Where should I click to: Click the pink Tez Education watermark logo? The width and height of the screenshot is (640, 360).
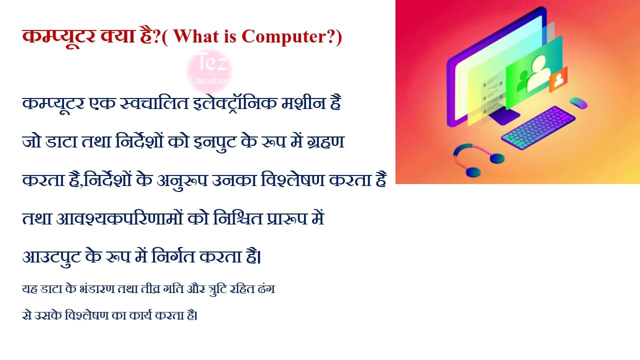[x=209, y=71]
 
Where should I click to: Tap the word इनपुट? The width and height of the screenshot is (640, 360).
[x=215, y=142]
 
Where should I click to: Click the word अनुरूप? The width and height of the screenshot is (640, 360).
[x=182, y=181]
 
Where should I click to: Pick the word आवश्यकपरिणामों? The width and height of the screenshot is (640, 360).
[x=119, y=218]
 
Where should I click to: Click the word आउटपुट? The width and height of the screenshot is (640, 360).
[x=51, y=257]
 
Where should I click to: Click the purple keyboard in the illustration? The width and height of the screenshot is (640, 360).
[x=538, y=127]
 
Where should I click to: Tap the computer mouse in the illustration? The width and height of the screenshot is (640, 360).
[x=578, y=103]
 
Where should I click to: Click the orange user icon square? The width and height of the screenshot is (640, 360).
[x=558, y=79]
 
